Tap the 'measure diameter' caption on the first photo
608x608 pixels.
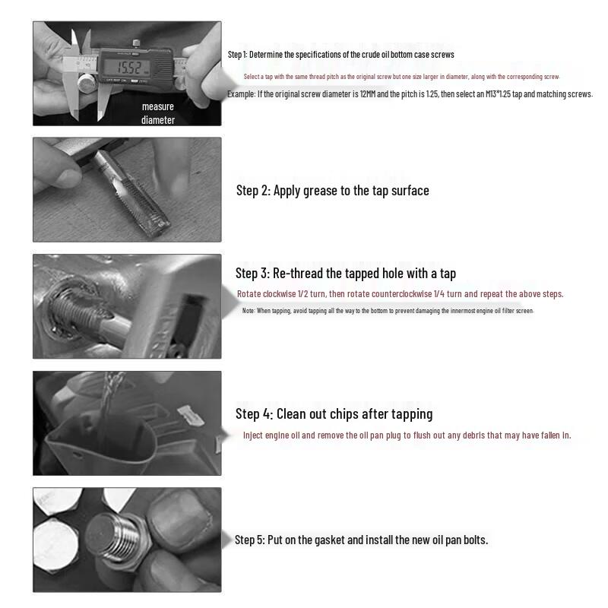pyautogui.click(x=158, y=113)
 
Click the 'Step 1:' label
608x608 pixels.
pyautogui.click(x=237, y=54)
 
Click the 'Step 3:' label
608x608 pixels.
pyautogui.click(x=251, y=274)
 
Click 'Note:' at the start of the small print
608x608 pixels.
pyautogui.click(x=249, y=312)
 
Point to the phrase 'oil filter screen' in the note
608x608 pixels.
pyautogui.click(x=511, y=312)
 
